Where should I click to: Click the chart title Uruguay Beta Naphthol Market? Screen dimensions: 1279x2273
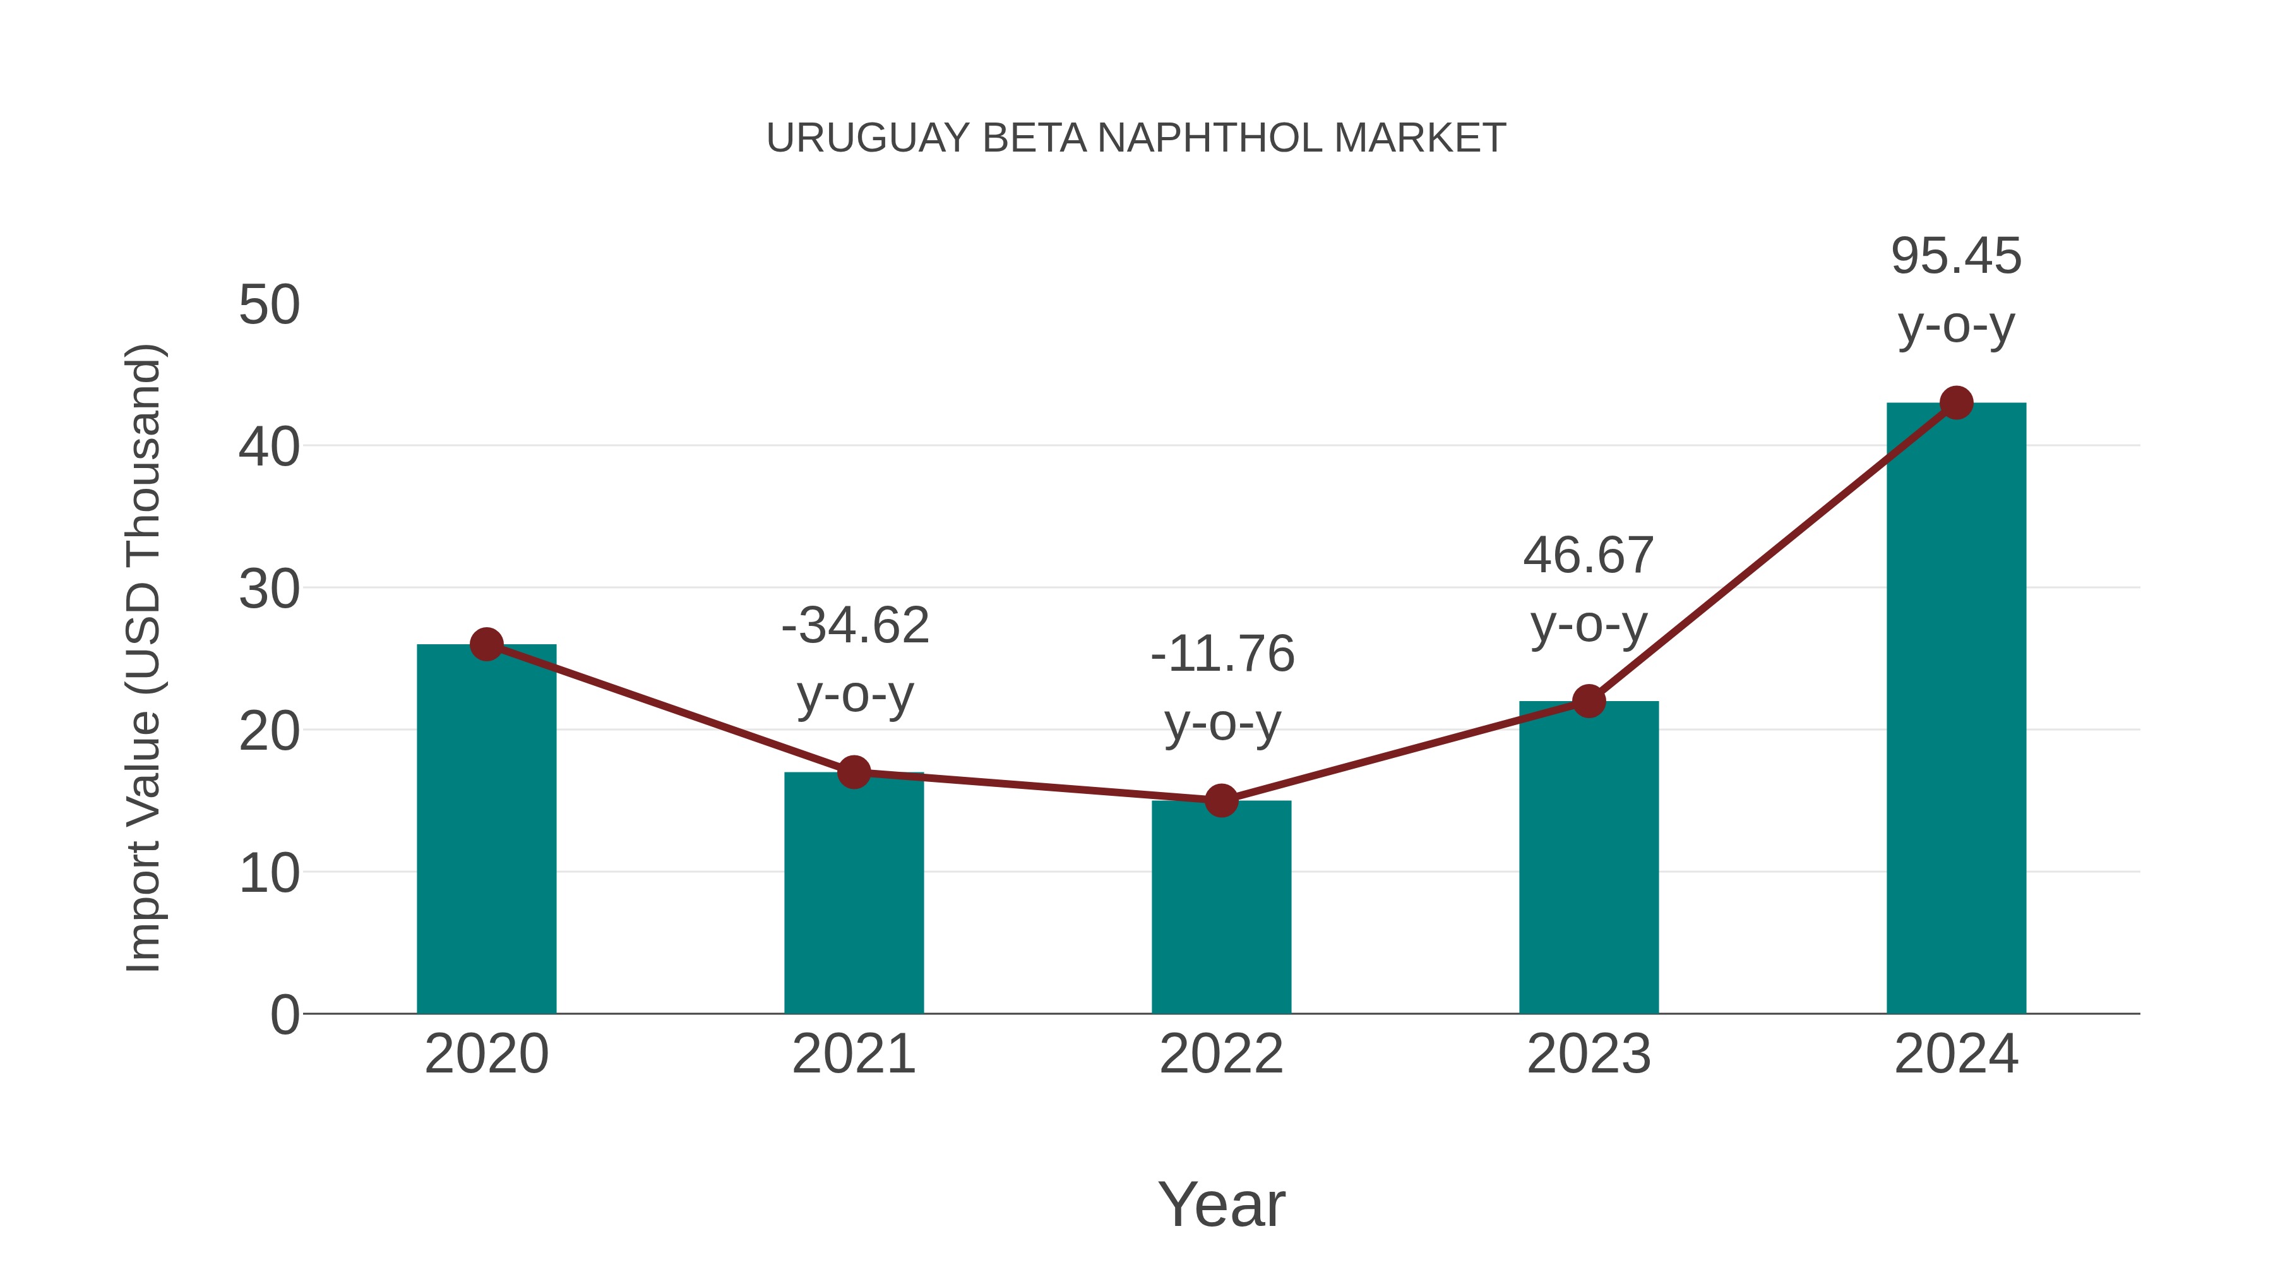[x=1136, y=138]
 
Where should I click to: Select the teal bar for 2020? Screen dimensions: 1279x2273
[x=486, y=830]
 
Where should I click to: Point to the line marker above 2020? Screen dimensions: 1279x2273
[x=486, y=644]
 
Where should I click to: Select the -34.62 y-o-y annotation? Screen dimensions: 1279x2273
[x=854, y=659]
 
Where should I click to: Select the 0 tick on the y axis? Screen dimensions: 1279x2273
[x=284, y=1014]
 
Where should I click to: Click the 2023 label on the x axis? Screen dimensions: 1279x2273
[x=1589, y=1054]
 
